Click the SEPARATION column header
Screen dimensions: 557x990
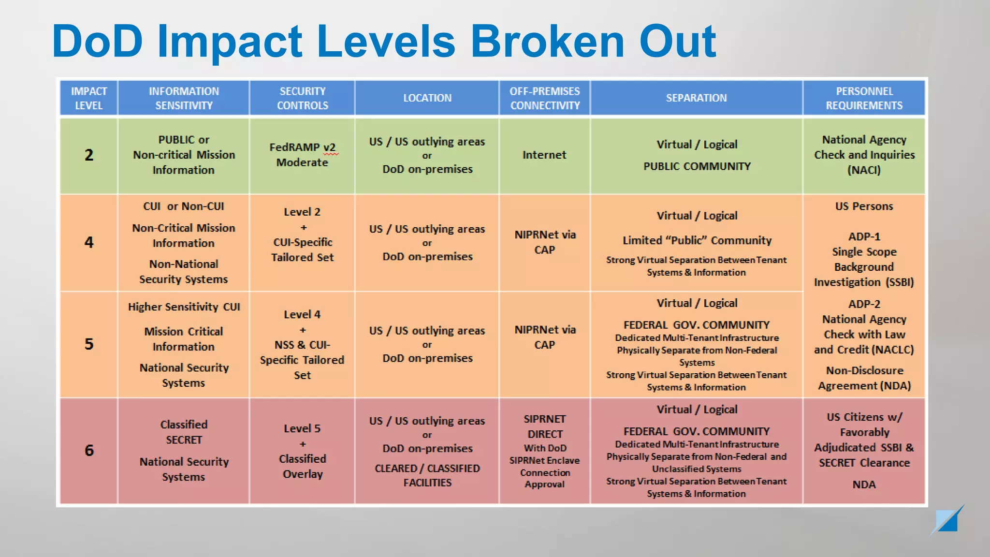click(696, 98)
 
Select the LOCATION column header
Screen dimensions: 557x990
click(427, 98)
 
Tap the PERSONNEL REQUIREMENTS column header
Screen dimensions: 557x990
click(864, 98)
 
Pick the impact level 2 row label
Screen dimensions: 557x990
click(89, 155)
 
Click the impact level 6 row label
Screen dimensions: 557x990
click(89, 451)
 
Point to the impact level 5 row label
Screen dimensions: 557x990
click(89, 344)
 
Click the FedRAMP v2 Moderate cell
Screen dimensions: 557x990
click(303, 155)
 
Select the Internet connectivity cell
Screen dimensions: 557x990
click(544, 155)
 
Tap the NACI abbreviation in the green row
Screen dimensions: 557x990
click(864, 170)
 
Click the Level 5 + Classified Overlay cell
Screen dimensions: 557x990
click(303, 451)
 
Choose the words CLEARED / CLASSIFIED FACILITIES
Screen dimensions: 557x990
click(427, 475)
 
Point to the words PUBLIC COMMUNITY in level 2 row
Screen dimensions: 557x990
click(697, 166)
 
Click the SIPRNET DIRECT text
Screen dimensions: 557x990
click(545, 426)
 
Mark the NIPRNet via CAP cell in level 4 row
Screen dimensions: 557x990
click(545, 242)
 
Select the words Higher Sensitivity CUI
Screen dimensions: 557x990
click(184, 307)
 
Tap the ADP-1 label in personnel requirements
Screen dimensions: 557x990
click(864, 237)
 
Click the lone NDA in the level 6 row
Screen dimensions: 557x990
click(864, 484)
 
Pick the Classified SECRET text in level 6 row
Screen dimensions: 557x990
click(184, 432)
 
